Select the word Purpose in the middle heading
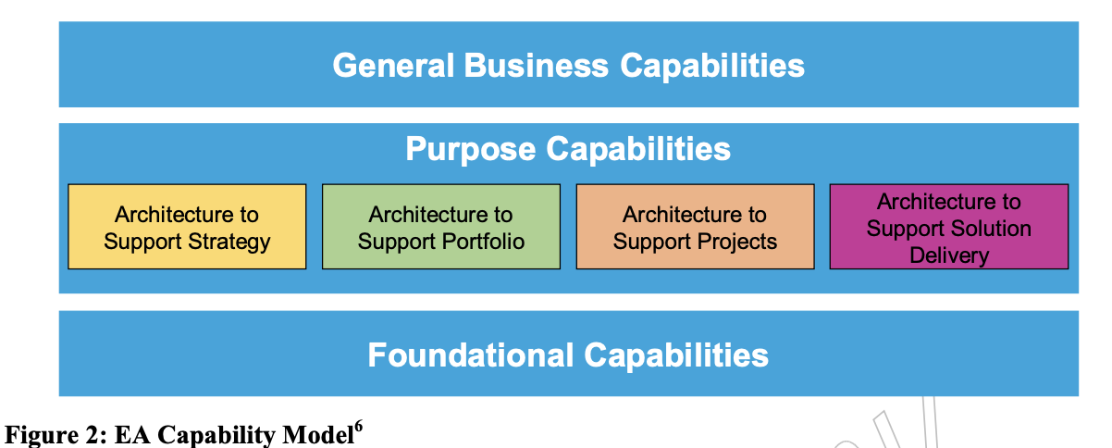(x=469, y=149)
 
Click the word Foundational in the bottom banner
(x=471, y=355)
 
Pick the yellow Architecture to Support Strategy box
(x=187, y=227)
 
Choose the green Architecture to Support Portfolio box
(x=440, y=227)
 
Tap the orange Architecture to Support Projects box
(x=695, y=227)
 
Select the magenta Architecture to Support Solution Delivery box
(x=948, y=227)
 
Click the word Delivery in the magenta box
(x=949, y=255)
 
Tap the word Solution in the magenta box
(x=991, y=228)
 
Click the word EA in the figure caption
(x=130, y=435)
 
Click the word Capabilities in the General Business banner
(x=711, y=66)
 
